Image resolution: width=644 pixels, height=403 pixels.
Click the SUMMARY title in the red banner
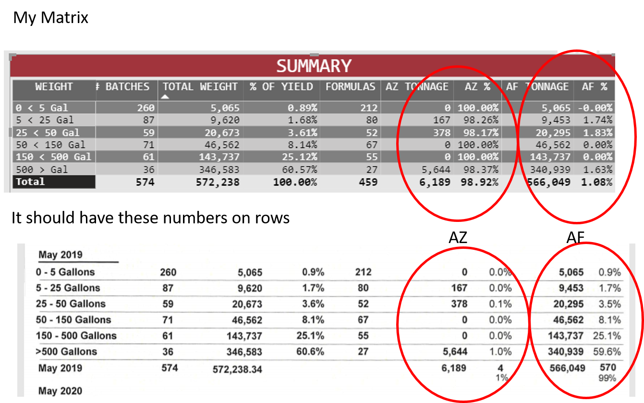click(x=314, y=66)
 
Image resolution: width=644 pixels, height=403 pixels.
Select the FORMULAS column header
click(x=350, y=86)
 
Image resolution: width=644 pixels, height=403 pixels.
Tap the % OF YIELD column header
click(x=281, y=86)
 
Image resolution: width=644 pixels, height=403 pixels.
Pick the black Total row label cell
click(x=54, y=182)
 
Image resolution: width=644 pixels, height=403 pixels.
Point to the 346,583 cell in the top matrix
click(x=219, y=170)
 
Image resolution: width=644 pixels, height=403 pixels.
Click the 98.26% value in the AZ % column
click(x=481, y=120)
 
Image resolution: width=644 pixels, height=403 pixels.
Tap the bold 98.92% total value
click(x=479, y=182)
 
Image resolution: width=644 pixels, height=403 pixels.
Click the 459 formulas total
click(x=368, y=182)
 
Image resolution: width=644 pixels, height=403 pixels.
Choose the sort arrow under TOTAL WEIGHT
click(x=165, y=97)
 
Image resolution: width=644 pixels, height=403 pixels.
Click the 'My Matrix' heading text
click(x=50, y=18)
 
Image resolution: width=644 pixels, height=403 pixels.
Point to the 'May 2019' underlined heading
click(x=61, y=255)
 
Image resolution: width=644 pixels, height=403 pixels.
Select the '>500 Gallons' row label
click(x=66, y=352)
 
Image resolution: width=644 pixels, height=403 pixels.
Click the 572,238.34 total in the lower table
click(x=237, y=369)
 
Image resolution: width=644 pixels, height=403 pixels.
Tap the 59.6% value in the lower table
click(x=607, y=352)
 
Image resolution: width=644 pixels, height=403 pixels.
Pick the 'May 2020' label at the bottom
click(x=61, y=391)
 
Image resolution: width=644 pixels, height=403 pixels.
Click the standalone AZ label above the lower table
click(x=458, y=238)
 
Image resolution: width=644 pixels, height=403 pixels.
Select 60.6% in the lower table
click(x=310, y=352)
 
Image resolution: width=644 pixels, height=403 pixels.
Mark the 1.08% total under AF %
click(x=596, y=182)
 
